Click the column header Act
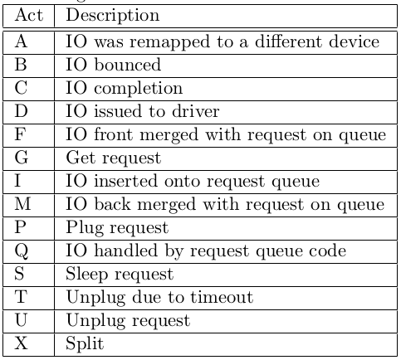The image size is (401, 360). pyautogui.click(x=29, y=15)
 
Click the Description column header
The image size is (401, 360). pyautogui.click(x=113, y=15)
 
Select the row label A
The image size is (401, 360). pyautogui.click(x=21, y=41)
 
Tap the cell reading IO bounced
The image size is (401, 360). pyautogui.click(x=113, y=65)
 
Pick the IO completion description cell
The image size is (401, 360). pyautogui.click(x=124, y=89)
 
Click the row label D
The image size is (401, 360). pyautogui.click(x=22, y=111)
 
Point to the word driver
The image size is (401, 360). pyautogui.click(x=196, y=111)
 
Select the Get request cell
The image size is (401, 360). pyautogui.click(x=113, y=158)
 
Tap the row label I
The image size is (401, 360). pyautogui.click(x=17, y=181)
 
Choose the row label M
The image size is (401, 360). pyautogui.click(x=22, y=204)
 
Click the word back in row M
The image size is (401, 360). pyautogui.click(x=112, y=204)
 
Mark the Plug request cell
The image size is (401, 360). pyautogui.click(x=117, y=228)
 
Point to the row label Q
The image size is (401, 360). pyautogui.click(x=22, y=251)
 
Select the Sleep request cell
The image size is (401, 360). pyautogui.click(x=120, y=275)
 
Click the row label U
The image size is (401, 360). pyautogui.click(x=21, y=320)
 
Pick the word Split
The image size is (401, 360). pyautogui.click(x=85, y=344)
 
